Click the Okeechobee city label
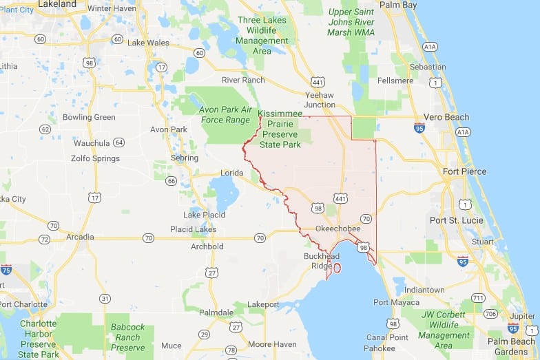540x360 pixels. coord(337,228)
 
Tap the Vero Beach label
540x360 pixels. coord(446,117)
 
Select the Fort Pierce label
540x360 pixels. coord(464,171)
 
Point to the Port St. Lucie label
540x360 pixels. coord(458,220)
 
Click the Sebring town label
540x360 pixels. coord(184,158)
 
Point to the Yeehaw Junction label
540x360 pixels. coord(320,100)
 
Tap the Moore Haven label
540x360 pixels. coord(272,344)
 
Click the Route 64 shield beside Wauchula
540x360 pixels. coord(119,142)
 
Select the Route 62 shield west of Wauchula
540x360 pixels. coord(45,129)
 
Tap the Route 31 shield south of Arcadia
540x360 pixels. coord(105,298)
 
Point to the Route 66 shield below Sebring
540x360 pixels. coord(171,180)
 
